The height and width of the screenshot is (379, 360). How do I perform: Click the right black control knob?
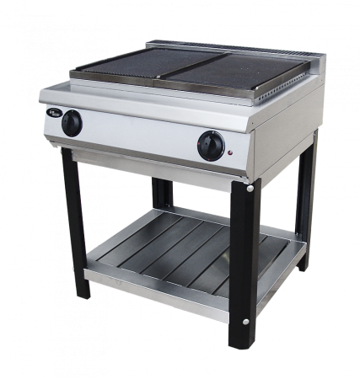click(x=211, y=145)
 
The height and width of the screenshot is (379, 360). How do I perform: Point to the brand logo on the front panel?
click(x=51, y=119)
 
